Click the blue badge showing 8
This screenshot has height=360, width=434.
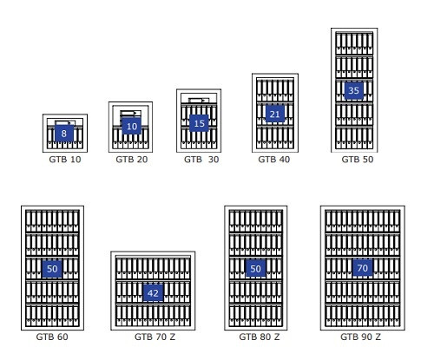click(64, 134)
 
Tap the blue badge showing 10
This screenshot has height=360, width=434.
click(132, 126)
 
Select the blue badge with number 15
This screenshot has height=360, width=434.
click(199, 123)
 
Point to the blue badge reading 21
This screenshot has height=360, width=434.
click(275, 114)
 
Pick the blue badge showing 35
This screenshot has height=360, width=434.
click(353, 91)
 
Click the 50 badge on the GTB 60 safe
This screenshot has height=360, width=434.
click(52, 269)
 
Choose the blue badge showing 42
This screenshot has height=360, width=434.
click(153, 293)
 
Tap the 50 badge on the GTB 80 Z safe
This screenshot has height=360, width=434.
click(255, 269)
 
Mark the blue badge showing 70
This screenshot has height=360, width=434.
click(363, 268)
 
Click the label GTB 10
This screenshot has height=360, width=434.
click(65, 160)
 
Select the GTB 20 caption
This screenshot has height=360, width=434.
click(132, 160)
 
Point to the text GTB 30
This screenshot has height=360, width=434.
click(201, 160)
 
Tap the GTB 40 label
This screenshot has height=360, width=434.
click(274, 160)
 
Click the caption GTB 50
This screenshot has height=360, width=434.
click(358, 160)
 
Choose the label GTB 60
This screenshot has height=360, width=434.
click(52, 337)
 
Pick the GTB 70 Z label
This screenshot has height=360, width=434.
click(155, 337)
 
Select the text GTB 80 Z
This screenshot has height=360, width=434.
click(260, 337)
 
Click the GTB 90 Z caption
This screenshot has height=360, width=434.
click(361, 337)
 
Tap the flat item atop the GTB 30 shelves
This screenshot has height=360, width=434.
click(199, 101)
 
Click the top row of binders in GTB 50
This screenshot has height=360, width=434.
click(354, 43)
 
